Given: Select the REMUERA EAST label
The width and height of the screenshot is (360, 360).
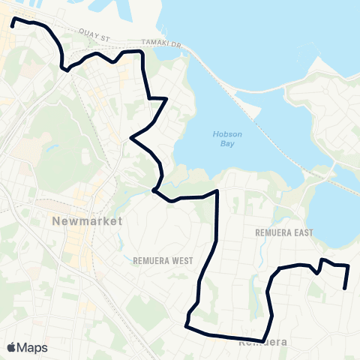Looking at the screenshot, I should pos(283,233).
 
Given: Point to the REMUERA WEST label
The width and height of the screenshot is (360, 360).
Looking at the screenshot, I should pos(163,261).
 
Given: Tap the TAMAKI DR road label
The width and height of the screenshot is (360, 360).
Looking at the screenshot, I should pos(166,45).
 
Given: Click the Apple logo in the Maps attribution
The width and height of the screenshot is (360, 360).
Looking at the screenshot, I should pos(12,347).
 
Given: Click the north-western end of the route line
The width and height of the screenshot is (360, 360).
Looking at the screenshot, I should pos(13,22).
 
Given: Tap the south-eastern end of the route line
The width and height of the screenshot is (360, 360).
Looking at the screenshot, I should pos(344,288).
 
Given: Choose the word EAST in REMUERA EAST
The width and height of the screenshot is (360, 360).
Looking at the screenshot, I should pos(301,233).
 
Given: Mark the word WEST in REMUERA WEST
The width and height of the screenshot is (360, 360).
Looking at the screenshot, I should pos(181,261).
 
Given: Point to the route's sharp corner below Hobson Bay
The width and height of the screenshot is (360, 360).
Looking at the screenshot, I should pos(217,192).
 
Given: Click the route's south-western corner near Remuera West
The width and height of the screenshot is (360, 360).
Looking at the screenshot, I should pos(185,325).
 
